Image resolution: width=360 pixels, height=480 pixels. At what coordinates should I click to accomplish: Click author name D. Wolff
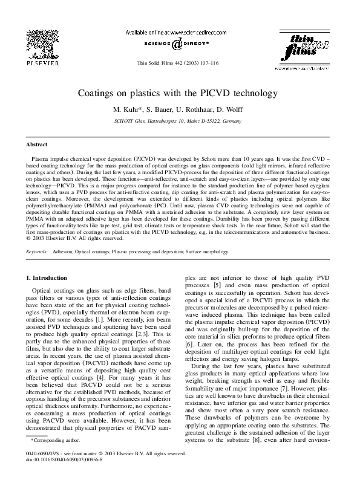(x=233, y=111)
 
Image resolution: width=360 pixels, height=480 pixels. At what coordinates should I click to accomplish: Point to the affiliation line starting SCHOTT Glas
(x=180, y=121)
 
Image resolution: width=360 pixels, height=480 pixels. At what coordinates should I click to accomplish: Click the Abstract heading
(x=36, y=145)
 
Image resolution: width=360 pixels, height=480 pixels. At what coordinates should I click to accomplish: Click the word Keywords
(x=37, y=250)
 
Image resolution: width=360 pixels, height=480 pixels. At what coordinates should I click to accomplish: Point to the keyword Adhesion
(x=64, y=250)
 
